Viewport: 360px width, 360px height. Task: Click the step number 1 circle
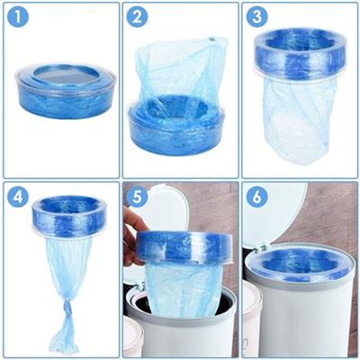point(18,17)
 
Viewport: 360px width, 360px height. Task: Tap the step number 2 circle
point(138,17)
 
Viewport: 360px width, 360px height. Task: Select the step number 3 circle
point(257,17)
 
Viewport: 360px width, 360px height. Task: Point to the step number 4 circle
point(18,197)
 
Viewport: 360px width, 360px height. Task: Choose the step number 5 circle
point(138,197)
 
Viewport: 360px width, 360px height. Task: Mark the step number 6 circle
point(257,197)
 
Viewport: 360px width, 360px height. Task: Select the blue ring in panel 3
point(300,54)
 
